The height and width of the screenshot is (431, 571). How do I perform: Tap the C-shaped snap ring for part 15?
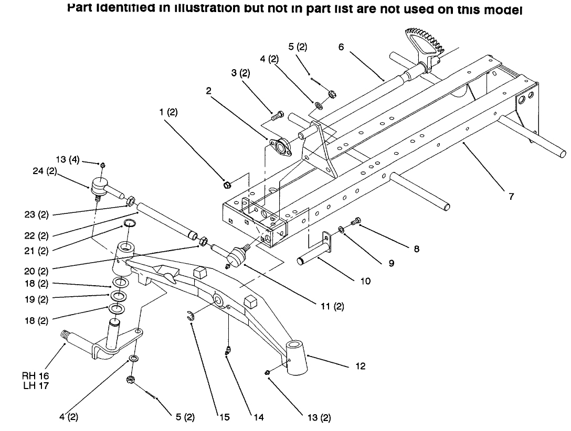point(192,315)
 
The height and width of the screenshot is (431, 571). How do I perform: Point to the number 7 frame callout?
point(511,197)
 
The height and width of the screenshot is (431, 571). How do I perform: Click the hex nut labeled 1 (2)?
point(227,185)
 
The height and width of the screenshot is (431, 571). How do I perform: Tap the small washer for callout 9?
point(341,229)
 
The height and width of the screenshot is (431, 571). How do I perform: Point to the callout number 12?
point(360,366)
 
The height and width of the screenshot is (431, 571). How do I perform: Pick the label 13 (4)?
point(67,160)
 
